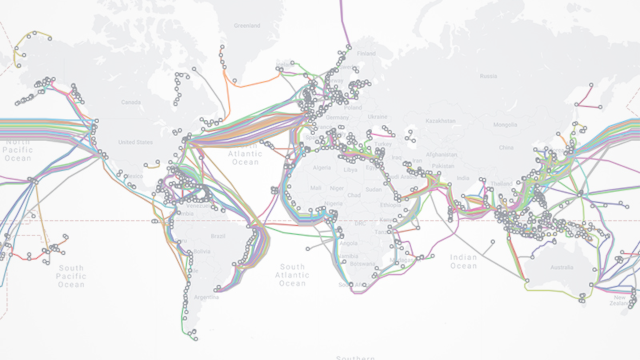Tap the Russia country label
487,76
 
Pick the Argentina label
205,297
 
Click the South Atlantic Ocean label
292,274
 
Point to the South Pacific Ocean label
70,275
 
